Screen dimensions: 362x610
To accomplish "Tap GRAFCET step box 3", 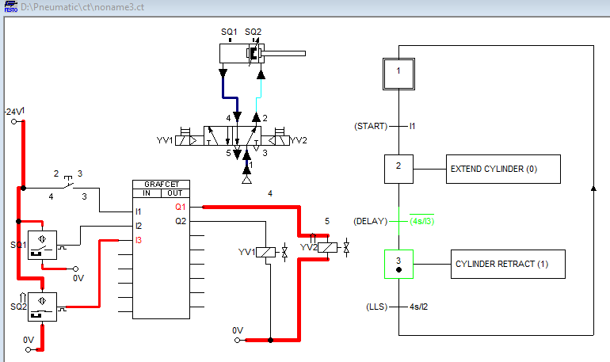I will click(399, 263).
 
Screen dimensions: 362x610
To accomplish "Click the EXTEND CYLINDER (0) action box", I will click(504, 170).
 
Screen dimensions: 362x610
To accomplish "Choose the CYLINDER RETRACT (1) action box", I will click(509, 264).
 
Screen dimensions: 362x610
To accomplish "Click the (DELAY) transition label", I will click(372, 221).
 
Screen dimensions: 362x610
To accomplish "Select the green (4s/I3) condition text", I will click(422, 221).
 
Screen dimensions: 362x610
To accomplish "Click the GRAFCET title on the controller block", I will click(162, 184).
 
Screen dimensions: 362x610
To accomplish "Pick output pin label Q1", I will click(181, 207).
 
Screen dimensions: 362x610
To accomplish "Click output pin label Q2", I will click(181, 221).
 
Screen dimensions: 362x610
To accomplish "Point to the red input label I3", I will click(140, 239).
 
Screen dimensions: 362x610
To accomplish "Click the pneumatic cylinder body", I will click(242, 54).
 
